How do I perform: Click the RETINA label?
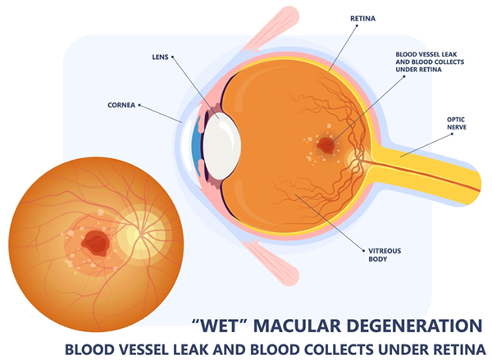(362, 19)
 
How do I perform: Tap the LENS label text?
(161, 57)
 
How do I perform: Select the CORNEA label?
(121, 105)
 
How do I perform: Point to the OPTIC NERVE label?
(457, 123)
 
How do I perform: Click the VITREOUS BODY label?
(385, 255)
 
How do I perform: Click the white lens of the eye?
(222, 146)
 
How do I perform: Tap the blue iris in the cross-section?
(197, 146)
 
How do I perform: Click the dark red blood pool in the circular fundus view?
(96, 243)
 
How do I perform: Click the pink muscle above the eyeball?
(271, 28)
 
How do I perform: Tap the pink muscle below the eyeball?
(271, 262)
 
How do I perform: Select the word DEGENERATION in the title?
(410, 326)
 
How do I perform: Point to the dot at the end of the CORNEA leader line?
(139, 105)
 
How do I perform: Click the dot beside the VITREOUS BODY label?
(363, 251)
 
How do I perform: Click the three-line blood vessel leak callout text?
(430, 62)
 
